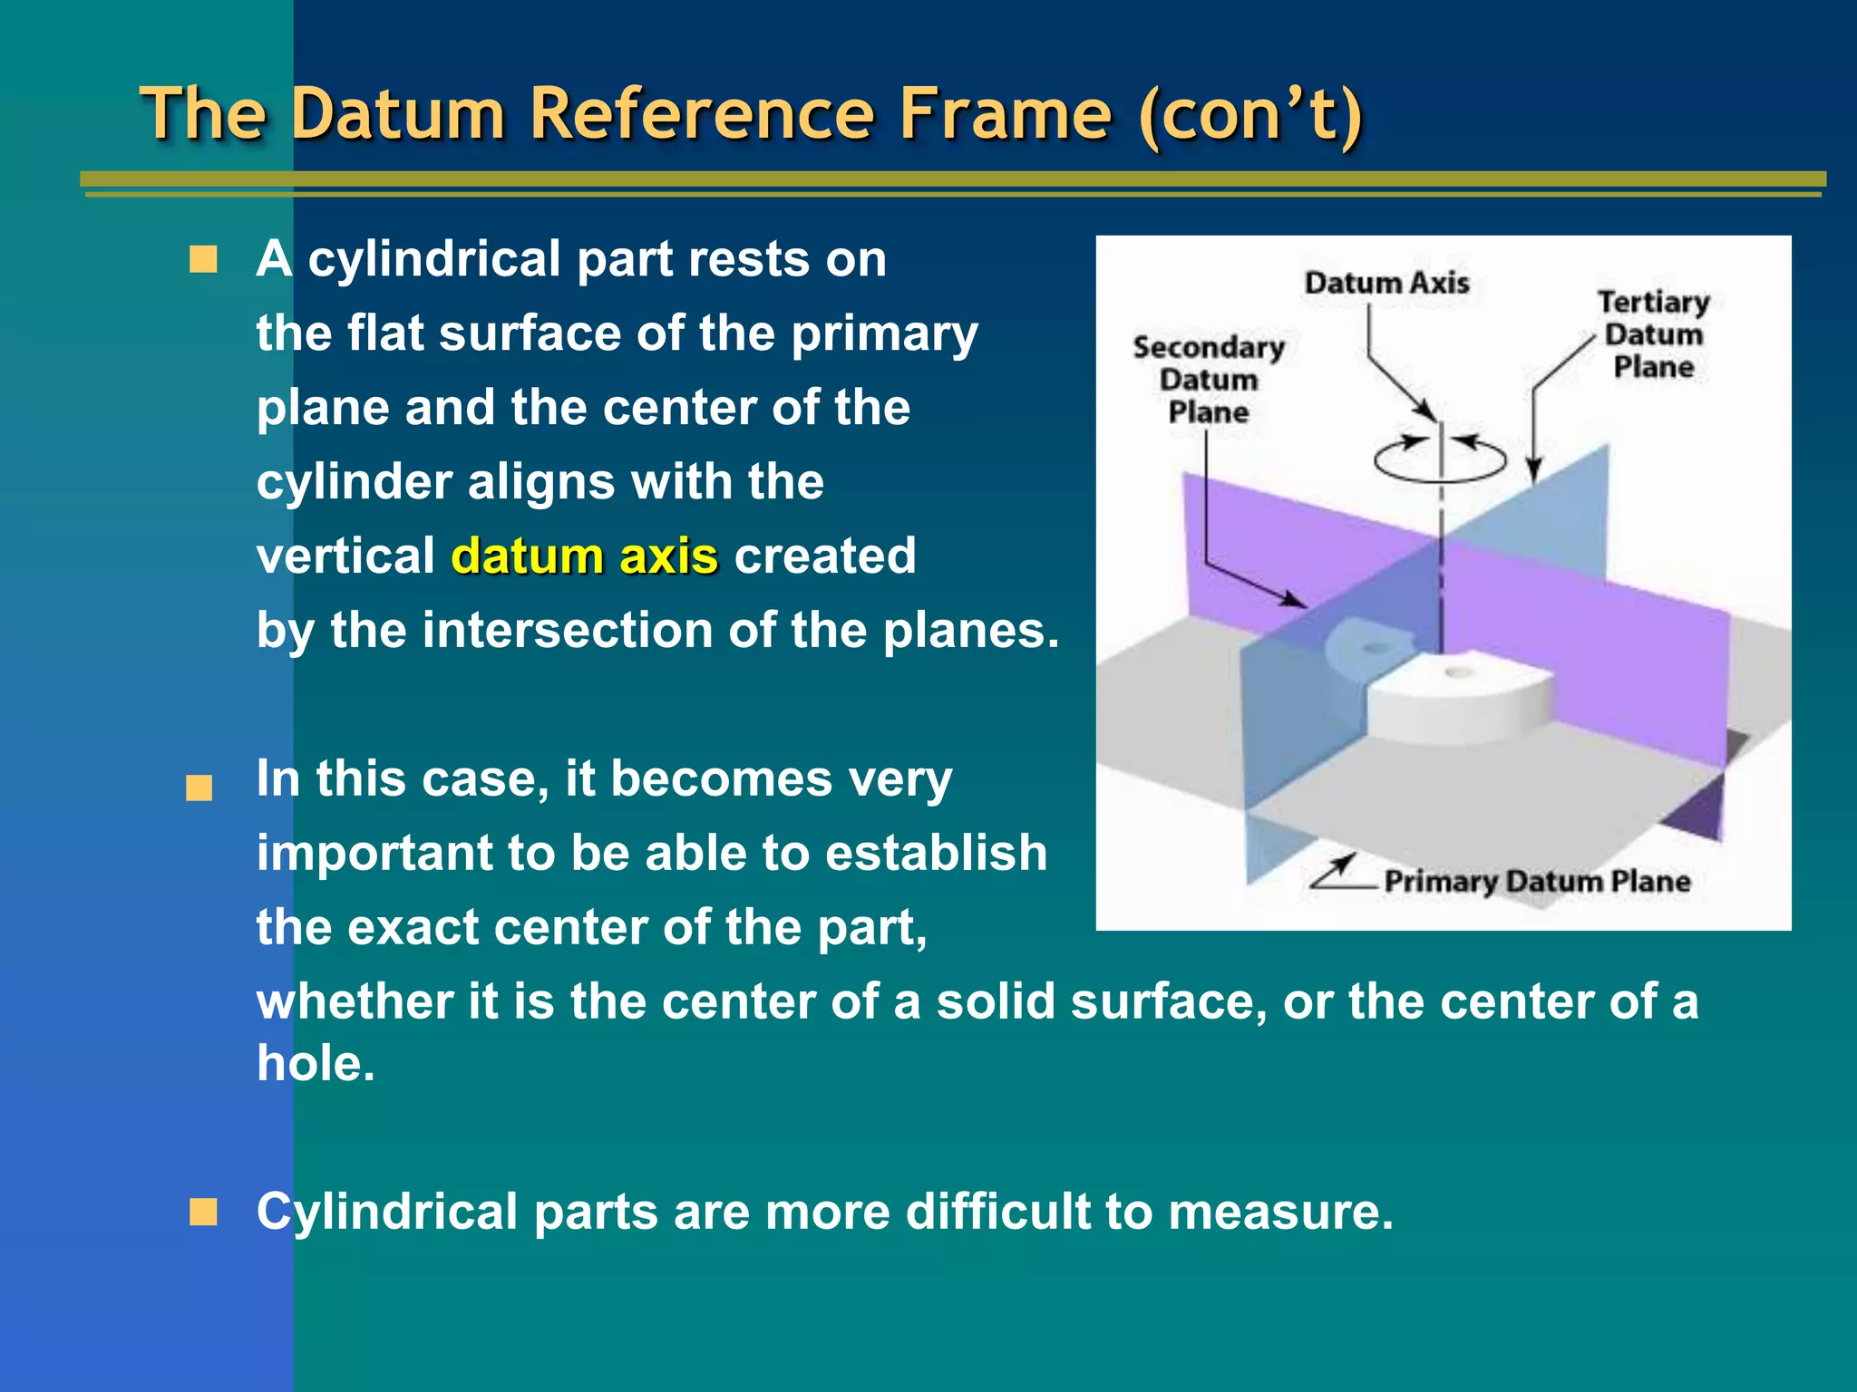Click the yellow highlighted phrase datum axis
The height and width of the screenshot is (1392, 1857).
(x=585, y=556)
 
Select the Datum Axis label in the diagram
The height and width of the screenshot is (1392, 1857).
(x=1386, y=283)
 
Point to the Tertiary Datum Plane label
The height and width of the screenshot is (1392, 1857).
(x=1653, y=333)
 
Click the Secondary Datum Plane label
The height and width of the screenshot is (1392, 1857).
(x=1209, y=380)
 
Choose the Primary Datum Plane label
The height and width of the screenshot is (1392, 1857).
(x=1537, y=881)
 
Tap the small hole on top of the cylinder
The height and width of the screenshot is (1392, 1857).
(x=1458, y=672)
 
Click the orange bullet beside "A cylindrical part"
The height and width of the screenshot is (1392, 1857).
(x=203, y=259)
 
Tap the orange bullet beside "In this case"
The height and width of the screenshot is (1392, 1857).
(x=199, y=788)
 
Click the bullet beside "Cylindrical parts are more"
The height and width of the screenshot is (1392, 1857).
(x=203, y=1212)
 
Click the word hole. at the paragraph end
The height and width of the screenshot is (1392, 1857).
(x=316, y=1063)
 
